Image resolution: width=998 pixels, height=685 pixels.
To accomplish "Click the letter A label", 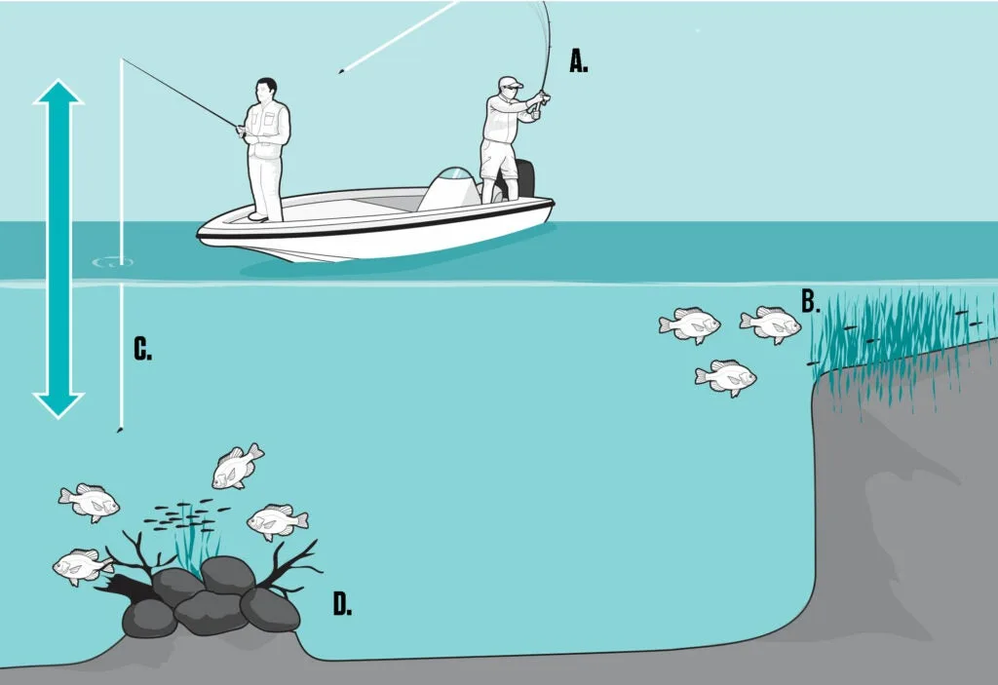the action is [578, 61].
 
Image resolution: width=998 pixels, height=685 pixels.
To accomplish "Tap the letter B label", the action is [810, 301].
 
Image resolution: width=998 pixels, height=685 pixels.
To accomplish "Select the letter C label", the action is [142, 349].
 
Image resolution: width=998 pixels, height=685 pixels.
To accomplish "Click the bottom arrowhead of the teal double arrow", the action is [58, 405].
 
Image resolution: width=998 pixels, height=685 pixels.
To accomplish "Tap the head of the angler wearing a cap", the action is [511, 88].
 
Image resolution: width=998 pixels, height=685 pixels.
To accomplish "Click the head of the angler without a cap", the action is [267, 91].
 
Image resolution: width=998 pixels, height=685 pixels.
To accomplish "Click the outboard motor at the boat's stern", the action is [523, 178].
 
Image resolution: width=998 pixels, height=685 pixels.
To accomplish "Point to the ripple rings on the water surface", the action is [113, 262].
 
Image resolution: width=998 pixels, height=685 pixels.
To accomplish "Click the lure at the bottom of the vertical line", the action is [119, 431].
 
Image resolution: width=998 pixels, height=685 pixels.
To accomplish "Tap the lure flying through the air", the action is [343, 71].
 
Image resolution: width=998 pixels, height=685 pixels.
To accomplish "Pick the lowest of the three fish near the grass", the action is [725, 377].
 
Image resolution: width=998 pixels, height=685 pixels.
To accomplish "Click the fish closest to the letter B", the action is [771, 324].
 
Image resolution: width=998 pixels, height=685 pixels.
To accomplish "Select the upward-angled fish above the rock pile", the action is [237, 467].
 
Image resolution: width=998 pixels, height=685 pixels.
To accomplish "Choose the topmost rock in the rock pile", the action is [228, 574].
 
